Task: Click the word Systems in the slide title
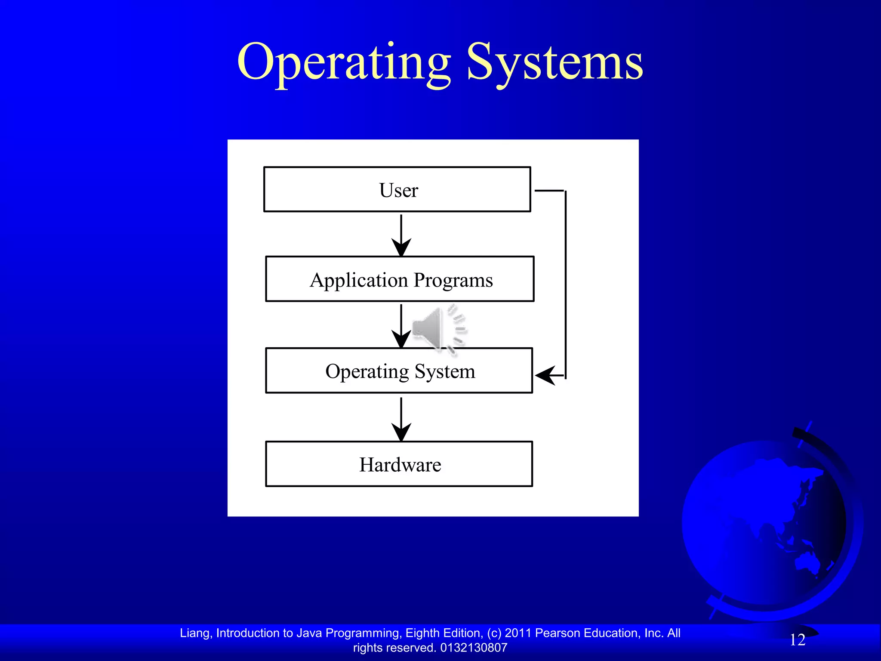[x=555, y=62]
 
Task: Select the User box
[x=397, y=189]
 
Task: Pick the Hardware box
[x=399, y=464]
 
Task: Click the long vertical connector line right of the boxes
[x=565, y=284]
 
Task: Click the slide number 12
[x=797, y=640]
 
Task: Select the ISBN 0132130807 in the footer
[x=474, y=648]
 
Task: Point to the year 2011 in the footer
[x=518, y=633]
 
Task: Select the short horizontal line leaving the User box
[x=549, y=190]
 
